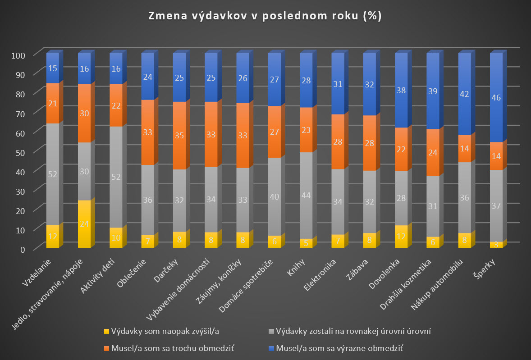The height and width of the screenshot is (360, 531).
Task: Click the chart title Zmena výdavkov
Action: click(x=265, y=16)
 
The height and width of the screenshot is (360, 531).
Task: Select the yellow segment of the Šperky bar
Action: click(x=496, y=245)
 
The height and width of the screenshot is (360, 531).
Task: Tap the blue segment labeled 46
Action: click(x=496, y=97)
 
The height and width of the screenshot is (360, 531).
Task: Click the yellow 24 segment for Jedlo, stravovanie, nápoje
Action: click(x=84, y=224)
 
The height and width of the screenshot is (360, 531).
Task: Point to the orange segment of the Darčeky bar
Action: click(x=179, y=135)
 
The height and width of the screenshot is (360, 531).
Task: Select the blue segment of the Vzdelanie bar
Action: click(x=53, y=68)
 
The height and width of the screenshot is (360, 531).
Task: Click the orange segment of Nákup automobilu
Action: click(x=465, y=148)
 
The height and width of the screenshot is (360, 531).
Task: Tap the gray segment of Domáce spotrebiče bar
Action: click(x=275, y=196)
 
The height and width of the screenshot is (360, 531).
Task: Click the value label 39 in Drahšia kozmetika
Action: click(x=433, y=91)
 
